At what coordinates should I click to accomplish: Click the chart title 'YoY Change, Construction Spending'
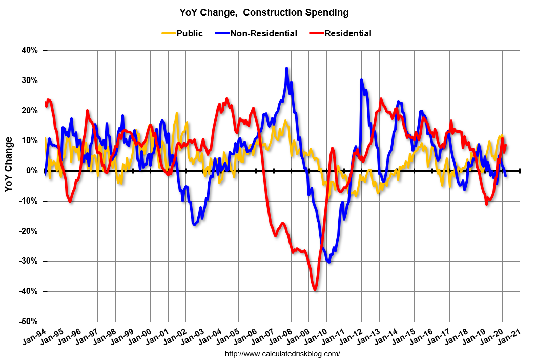(x=264, y=12)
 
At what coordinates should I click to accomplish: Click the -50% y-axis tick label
(x=29, y=322)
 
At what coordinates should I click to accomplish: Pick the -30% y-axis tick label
(x=29, y=261)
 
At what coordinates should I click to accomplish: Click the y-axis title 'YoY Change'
(x=9, y=164)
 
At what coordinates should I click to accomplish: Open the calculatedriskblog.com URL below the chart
(x=282, y=354)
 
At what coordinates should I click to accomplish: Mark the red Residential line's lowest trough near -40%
(x=315, y=290)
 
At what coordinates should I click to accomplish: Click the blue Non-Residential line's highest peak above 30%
(x=286, y=68)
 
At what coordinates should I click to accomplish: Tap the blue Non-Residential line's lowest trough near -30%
(x=328, y=262)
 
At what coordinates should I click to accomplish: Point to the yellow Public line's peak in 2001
(x=177, y=113)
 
